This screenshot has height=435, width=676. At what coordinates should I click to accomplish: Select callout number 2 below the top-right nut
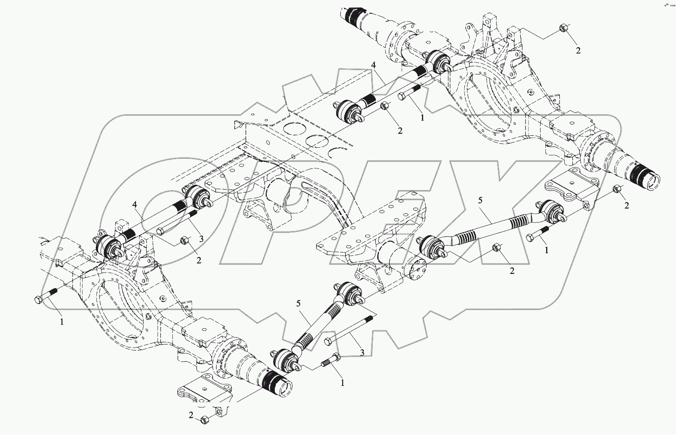pyautogui.click(x=578, y=50)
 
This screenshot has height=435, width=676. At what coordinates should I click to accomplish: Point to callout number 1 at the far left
pyautogui.click(x=61, y=321)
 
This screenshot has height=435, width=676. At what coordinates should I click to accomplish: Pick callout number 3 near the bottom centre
pyautogui.click(x=362, y=352)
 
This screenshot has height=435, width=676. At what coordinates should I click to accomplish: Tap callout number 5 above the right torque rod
pyautogui.click(x=480, y=200)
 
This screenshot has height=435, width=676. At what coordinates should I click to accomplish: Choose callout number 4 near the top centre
pyautogui.click(x=373, y=65)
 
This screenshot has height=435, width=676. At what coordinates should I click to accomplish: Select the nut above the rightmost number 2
pyautogui.click(x=616, y=189)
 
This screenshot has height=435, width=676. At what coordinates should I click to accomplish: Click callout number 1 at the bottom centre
pyautogui.click(x=342, y=382)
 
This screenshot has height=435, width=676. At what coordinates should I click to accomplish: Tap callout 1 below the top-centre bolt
pyautogui.click(x=422, y=117)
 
